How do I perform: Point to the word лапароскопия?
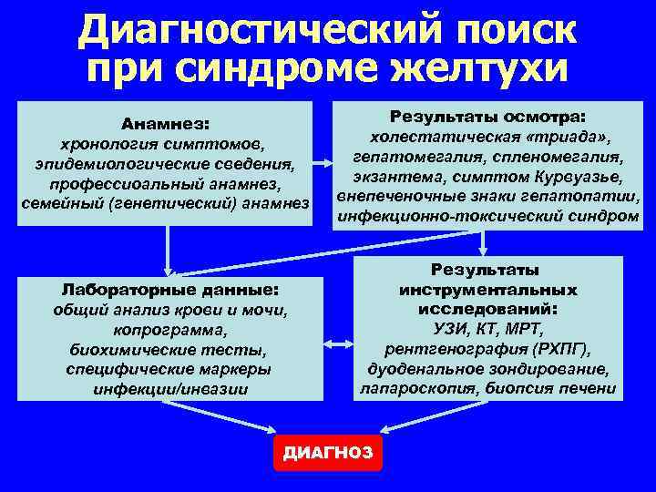pos(409,388)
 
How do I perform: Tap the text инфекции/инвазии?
pos(169,389)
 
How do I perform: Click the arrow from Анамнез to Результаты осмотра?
pos(322,165)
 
